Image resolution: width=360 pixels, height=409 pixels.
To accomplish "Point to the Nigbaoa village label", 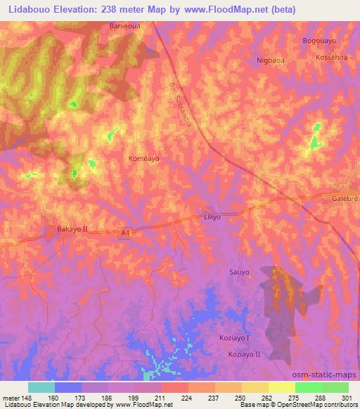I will tap(271, 61).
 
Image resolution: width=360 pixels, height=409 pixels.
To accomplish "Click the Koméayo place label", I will tap(144, 159).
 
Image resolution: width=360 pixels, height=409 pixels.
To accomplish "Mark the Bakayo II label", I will tap(72, 229).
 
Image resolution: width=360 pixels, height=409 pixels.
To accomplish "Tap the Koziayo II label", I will tap(243, 354).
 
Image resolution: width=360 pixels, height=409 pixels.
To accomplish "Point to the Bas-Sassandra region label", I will tap(183, 104).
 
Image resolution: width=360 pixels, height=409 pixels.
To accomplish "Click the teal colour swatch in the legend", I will tap(41, 387).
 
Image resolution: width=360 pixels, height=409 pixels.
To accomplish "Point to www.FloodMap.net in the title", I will tap(229, 9).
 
